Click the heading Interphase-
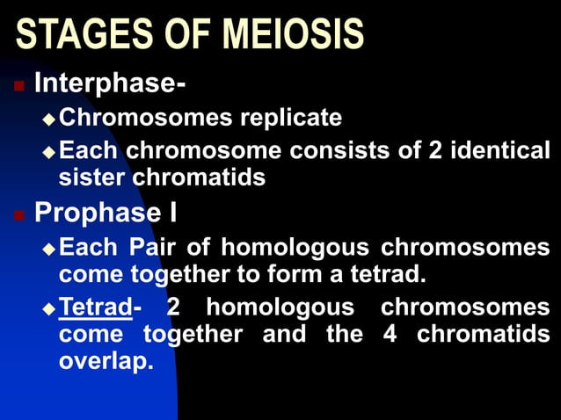pyautogui.click(x=109, y=85)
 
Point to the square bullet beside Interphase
pyautogui.click(x=18, y=86)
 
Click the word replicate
pyautogui.click(x=286, y=117)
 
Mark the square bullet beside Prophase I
pyautogui.click(x=18, y=214)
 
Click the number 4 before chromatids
pyautogui.click(x=390, y=335)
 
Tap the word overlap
pyautogui.click(x=106, y=361)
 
